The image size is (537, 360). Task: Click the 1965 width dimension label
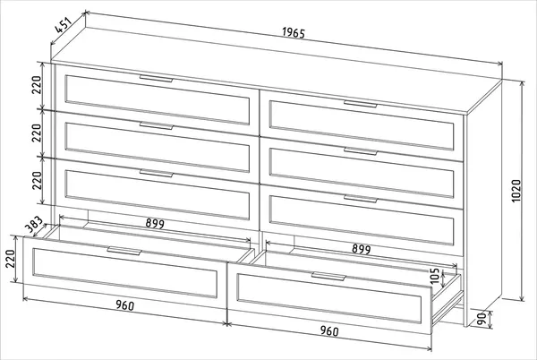pos(294,32)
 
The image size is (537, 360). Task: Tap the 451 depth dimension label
pos(64,25)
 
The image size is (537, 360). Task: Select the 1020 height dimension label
pos(516,191)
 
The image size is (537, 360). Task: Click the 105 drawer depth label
pos(434,276)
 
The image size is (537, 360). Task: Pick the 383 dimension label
pos(34,225)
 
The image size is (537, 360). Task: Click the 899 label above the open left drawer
pos(155,223)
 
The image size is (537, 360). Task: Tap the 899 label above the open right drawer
pos(362,249)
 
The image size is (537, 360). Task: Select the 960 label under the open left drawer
pos(124,305)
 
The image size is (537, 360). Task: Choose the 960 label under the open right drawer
pos(329,330)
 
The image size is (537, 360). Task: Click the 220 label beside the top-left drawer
pos(37,84)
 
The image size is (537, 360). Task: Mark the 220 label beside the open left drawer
pos(10,259)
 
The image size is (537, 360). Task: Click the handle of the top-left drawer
pos(156,79)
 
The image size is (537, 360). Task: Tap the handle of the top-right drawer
pos(361,104)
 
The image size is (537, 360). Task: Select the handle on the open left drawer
pos(124,251)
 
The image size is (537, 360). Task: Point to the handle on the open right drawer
pos(328,276)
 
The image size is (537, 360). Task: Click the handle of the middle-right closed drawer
pos(361,151)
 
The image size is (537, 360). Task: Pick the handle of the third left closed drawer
pos(156,173)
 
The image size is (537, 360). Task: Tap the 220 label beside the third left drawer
pos(37,180)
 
